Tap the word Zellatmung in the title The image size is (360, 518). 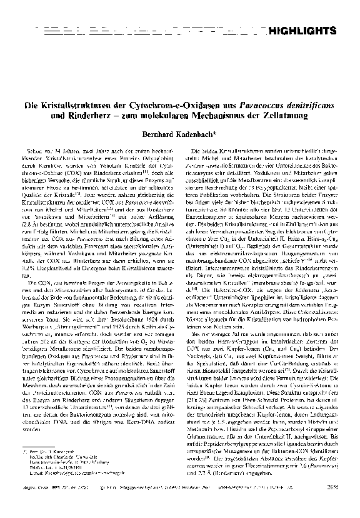(x=302, y=116)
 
